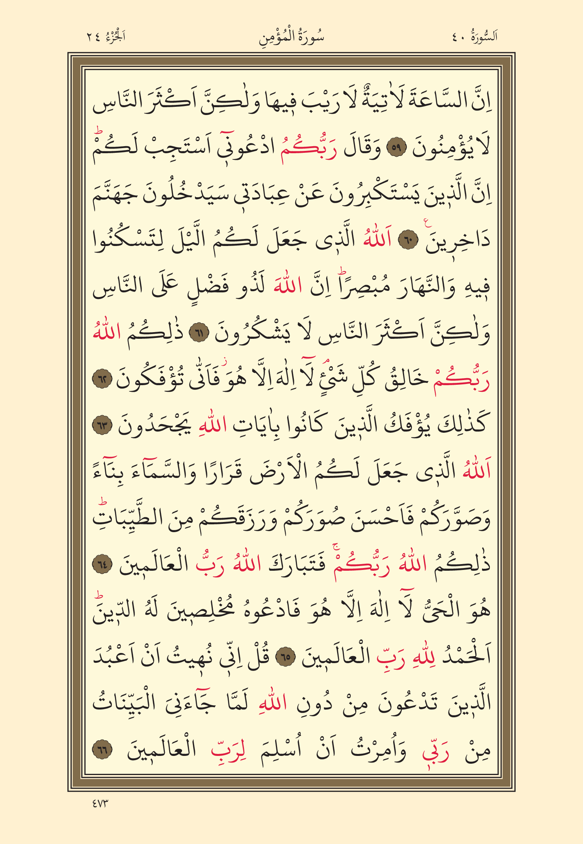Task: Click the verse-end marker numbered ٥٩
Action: pos(398,149)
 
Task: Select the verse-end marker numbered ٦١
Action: pos(199,334)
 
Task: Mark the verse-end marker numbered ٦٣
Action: pos(103,426)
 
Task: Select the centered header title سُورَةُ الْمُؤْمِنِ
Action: pos(291,37)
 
